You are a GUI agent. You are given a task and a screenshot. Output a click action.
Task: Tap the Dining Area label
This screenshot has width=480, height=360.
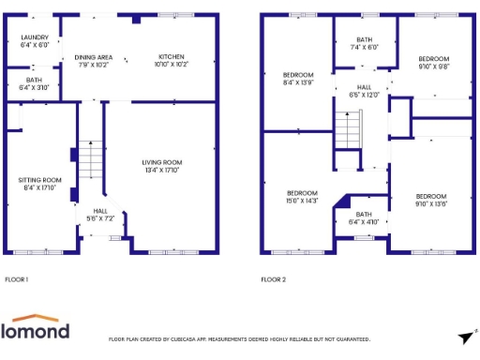pyautogui.click(x=94, y=61)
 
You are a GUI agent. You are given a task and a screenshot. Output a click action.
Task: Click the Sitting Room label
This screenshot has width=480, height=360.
pyautogui.click(x=40, y=184)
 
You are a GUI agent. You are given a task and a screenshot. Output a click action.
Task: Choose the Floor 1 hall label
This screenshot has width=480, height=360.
pyautogui.click(x=100, y=215)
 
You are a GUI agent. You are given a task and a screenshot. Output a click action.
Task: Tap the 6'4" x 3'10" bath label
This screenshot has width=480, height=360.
pyautogui.click(x=35, y=83)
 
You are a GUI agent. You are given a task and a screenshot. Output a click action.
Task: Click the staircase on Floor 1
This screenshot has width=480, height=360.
pyautogui.click(x=89, y=159)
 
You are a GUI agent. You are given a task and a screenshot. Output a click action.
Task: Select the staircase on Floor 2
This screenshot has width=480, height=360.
pyautogui.click(x=348, y=127)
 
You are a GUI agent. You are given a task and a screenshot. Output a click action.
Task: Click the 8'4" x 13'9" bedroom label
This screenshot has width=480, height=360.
pyautogui.click(x=298, y=79)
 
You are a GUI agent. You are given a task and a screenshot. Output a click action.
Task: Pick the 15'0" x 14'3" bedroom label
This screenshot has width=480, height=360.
pyautogui.click(x=302, y=197)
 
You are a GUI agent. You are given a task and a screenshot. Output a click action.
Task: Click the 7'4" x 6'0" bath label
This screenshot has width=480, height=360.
pyautogui.click(x=365, y=43)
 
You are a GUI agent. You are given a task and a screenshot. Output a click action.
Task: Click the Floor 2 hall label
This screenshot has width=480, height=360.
pyautogui.click(x=364, y=91)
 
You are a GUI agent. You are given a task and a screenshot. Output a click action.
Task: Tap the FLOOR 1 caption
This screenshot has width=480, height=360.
pyautogui.click(x=17, y=279)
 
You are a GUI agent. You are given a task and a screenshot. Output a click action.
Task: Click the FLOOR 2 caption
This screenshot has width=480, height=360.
pyautogui.click(x=274, y=279)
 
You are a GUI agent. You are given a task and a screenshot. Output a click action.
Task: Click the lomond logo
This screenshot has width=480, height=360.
pyautogui.click(x=35, y=328)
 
